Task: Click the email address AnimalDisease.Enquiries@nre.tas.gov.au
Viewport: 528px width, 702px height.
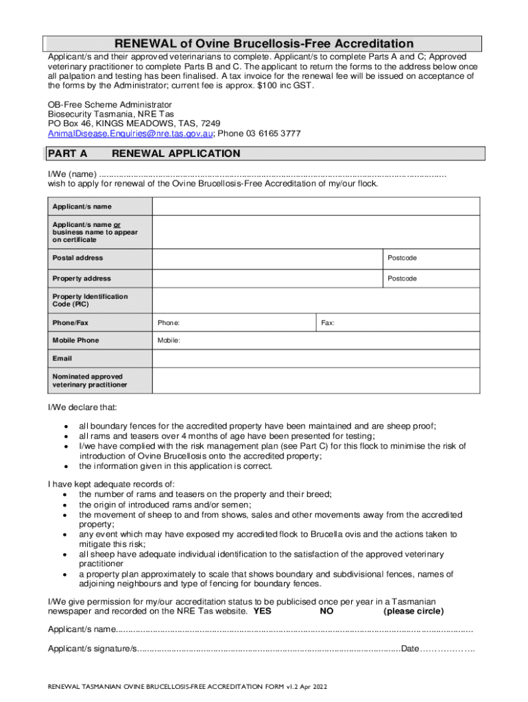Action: (x=130, y=133)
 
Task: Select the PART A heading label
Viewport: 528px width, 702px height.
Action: (x=67, y=154)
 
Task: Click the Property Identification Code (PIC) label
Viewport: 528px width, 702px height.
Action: (x=90, y=300)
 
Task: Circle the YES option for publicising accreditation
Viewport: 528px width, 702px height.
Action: (x=262, y=611)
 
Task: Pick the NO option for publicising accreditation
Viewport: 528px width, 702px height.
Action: (x=327, y=611)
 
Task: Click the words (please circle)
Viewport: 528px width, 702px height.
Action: (x=413, y=611)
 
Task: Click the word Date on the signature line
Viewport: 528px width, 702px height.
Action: (x=409, y=648)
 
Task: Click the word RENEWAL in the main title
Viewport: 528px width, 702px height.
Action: (x=144, y=44)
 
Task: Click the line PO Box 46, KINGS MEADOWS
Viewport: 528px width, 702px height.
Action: (x=134, y=123)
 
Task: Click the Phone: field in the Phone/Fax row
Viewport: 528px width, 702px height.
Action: (x=233, y=322)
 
